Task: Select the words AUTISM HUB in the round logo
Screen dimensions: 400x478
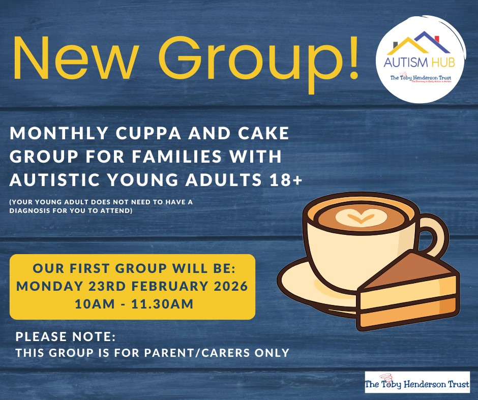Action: tap(420, 65)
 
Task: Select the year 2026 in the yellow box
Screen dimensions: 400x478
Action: tap(227, 286)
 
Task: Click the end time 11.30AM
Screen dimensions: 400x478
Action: tap(162, 304)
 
